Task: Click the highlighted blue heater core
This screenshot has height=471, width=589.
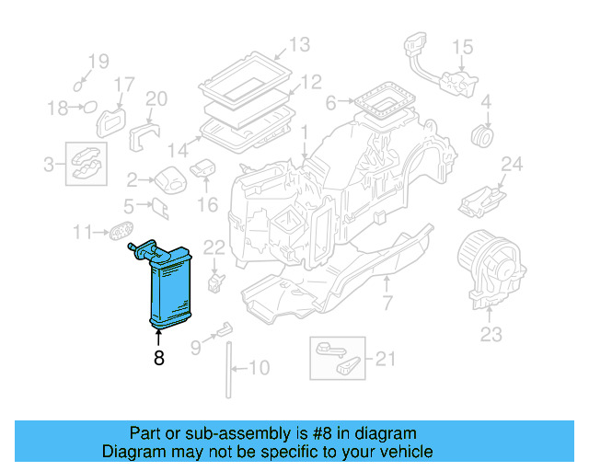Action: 169,286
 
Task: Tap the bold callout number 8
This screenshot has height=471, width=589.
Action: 158,359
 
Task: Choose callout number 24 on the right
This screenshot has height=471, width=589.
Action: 512,166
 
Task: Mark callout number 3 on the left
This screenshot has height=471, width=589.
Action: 48,166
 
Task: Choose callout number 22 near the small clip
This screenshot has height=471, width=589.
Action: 214,246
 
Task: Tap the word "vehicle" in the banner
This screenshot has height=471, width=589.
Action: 410,452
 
